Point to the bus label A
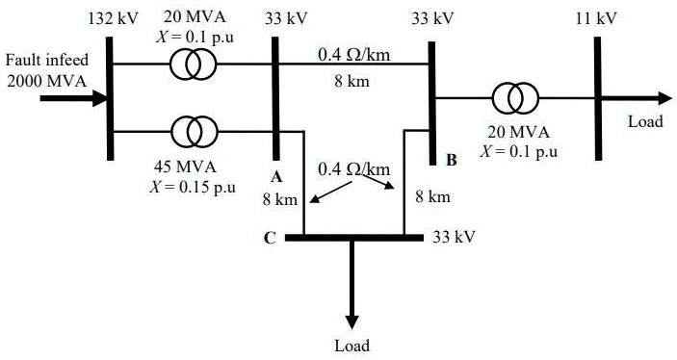pyautogui.click(x=275, y=177)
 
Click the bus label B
pyautogui.click(x=450, y=160)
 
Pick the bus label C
pyautogui.click(x=270, y=237)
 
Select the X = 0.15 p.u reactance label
pyautogui.click(x=193, y=186)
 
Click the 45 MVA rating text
pyautogui.click(x=189, y=167)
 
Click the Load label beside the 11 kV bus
pyautogui.click(x=645, y=122)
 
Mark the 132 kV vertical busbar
pyautogui.click(x=109, y=96)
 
